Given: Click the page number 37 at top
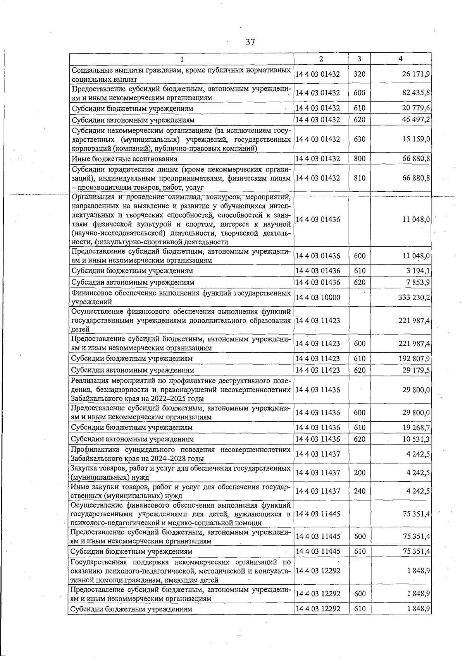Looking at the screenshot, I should click(x=250, y=42).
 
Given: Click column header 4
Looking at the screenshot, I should click(x=400, y=58).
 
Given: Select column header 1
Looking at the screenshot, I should click(x=181, y=59).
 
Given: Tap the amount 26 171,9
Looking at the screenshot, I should click(x=416, y=74).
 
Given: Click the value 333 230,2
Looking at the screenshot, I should click(x=414, y=297).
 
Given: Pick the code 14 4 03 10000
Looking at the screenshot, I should click(x=318, y=297).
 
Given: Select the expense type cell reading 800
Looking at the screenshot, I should click(x=359, y=158).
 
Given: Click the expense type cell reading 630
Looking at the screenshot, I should click(x=359, y=139).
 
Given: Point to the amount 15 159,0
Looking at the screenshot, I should click(x=416, y=139).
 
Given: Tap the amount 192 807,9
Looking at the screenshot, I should click(x=414, y=359).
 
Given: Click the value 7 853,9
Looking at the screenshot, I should click(x=418, y=282).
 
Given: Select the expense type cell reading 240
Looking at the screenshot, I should click(x=359, y=491).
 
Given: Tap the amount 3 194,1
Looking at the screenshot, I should click(x=418, y=271).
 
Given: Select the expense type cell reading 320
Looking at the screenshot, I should click(x=359, y=74).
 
